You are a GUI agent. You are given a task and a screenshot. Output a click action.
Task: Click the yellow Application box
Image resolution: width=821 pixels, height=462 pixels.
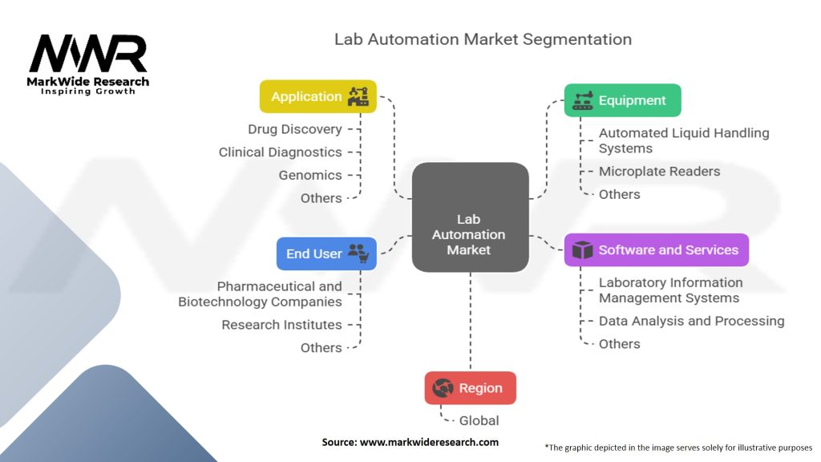[x=317, y=96]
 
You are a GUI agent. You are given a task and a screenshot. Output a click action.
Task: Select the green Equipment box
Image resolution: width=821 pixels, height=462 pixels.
[x=622, y=100]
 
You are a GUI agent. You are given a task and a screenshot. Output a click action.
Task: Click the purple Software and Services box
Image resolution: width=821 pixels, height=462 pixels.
[x=656, y=250]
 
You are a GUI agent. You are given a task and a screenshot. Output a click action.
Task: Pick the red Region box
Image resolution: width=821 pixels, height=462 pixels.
[x=470, y=388]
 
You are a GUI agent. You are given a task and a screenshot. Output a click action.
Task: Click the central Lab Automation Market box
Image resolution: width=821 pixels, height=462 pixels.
[x=470, y=234]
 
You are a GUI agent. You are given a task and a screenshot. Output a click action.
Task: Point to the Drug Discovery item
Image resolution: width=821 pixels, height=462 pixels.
[x=295, y=129]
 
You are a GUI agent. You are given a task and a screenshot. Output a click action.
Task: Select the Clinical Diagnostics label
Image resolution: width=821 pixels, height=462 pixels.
[x=281, y=152]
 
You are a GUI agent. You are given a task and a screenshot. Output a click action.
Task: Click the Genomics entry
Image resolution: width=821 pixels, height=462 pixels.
[x=310, y=175]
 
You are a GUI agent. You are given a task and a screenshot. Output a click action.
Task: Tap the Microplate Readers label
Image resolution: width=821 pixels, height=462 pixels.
[x=659, y=171]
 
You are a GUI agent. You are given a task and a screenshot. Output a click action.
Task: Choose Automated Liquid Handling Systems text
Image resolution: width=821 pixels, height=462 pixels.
[x=683, y=140]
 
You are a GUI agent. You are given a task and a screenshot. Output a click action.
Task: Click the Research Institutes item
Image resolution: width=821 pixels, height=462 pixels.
[x=281, y=325]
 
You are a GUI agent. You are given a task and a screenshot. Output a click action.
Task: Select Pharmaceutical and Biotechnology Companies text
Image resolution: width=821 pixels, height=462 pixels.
[x=260, y=294]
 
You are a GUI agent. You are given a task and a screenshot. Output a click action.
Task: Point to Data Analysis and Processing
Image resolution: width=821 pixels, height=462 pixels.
[x=691, y=321]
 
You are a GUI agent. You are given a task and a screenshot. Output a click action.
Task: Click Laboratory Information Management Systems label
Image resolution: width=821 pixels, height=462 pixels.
[x=670, y=290]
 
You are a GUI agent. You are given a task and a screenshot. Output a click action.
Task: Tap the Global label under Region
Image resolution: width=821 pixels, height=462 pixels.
[x=479, y=420]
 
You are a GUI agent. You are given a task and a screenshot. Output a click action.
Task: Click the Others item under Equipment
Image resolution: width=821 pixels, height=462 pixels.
[x=619, y=194]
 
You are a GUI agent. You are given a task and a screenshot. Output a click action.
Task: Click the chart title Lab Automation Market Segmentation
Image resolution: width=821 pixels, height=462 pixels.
[x=483, y=39]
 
